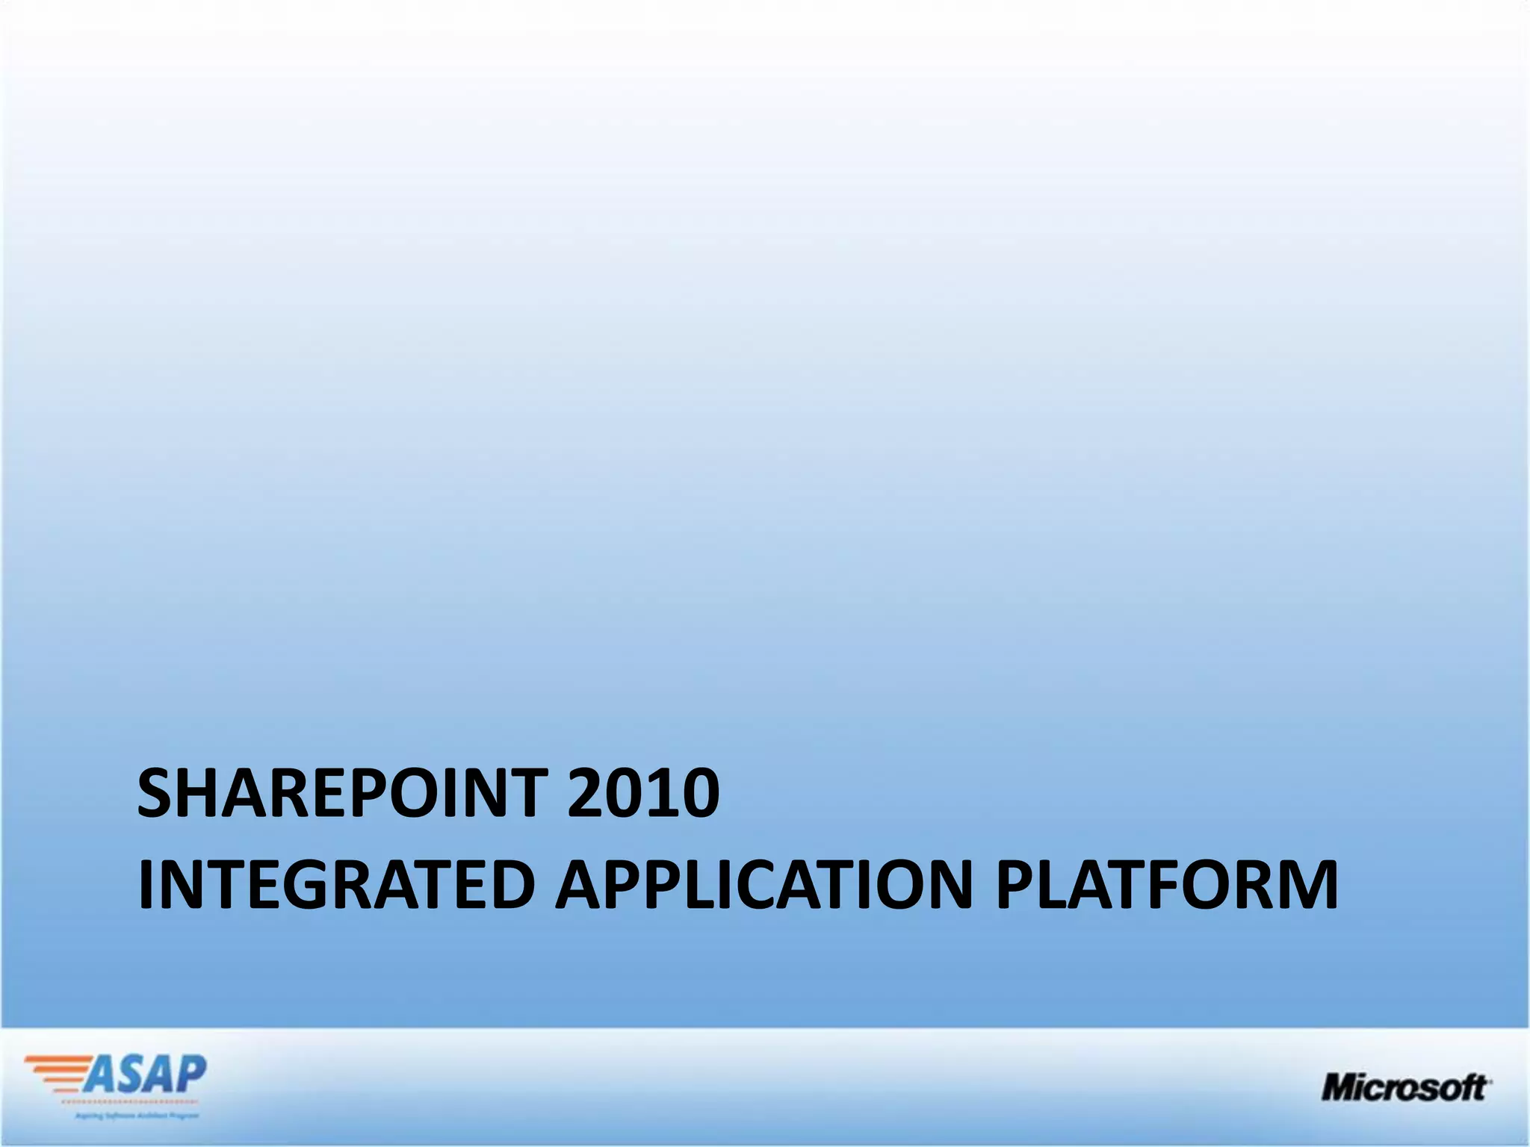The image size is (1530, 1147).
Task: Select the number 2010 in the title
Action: point(643,793)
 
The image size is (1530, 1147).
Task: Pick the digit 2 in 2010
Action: point(586,793)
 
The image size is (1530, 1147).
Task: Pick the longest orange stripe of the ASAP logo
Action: point(56,1060)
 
